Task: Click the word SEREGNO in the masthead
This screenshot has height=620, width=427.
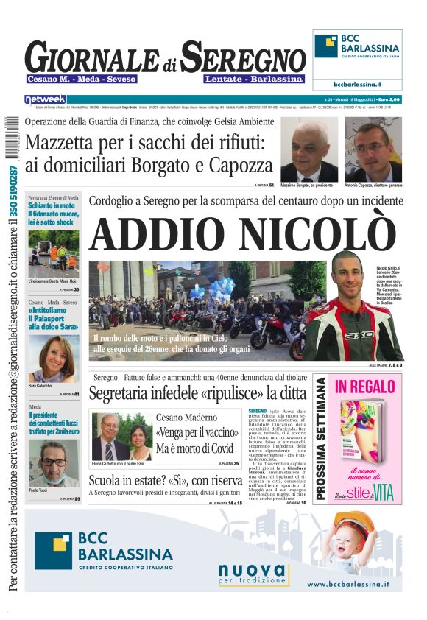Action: coord(244,57)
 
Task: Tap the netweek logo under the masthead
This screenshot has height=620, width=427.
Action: coord(45,99)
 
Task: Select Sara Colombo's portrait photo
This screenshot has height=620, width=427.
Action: coord(53,359)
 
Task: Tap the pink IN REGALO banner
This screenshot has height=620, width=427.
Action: coord(365,386)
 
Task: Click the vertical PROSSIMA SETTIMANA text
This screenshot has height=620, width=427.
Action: coord(321,438)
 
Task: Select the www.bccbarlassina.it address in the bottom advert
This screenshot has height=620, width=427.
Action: coord(347,584)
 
